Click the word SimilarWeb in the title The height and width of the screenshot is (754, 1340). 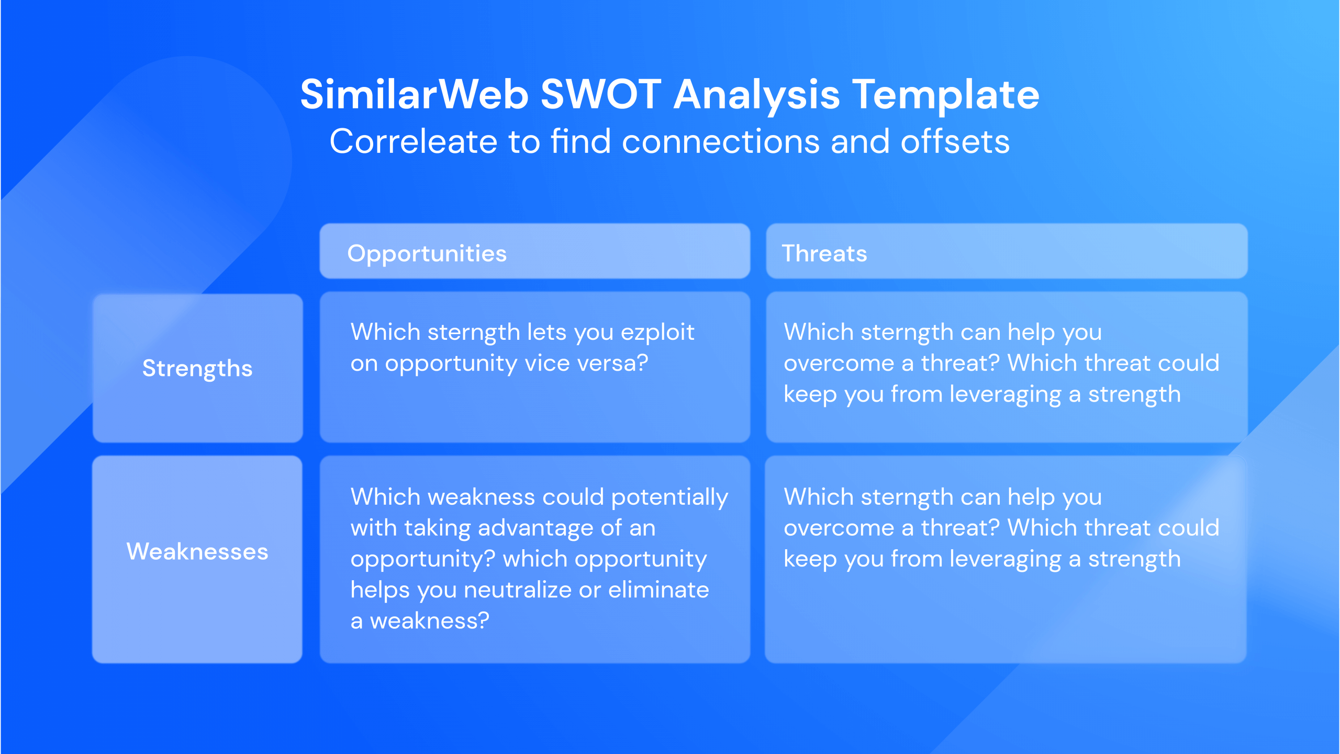click(x=414, y=95)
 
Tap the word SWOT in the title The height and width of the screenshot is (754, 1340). click(x=600, y=95)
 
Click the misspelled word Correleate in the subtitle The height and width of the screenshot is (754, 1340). click(x=412, y=142)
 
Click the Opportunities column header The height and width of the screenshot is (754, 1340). click(x=427, y=253)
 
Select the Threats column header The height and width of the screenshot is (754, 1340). click(x=824, y=253)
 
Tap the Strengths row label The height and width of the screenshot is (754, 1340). click(x=197, y=369)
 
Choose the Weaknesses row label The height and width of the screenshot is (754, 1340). click(x=197, y=551)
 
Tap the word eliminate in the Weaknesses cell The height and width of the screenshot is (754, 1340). click(x=658, y=590)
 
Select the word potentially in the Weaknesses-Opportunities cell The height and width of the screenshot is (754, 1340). click(x=669, y=497)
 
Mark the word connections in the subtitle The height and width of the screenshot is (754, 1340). click(x=720, y=142)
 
